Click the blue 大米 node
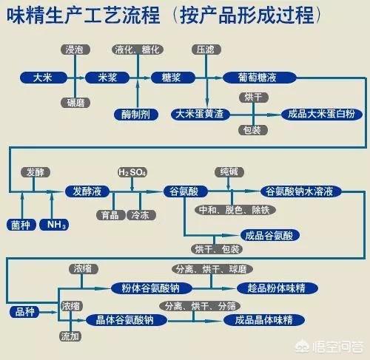pos(44,78)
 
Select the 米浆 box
pos(107,78)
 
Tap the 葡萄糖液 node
pos(260,78)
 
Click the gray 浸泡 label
pos(75,50)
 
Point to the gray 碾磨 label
pos(75,103)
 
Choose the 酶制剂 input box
pos(136,115)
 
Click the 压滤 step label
pos(206,50)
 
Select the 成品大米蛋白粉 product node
pos(322,115)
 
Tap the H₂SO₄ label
pos(132,172)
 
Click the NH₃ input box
pos(54,225)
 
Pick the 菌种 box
pos(21,225)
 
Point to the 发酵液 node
pos(87,191)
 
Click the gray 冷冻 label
pos(141,215)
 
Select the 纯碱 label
pos(229,172)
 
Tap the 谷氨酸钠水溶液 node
pos(301,191)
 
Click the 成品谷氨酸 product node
pos(270,235)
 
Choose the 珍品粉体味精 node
pos(277,288)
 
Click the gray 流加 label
pos(70,336)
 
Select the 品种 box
pos(24,312)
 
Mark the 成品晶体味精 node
pos(264,320)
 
